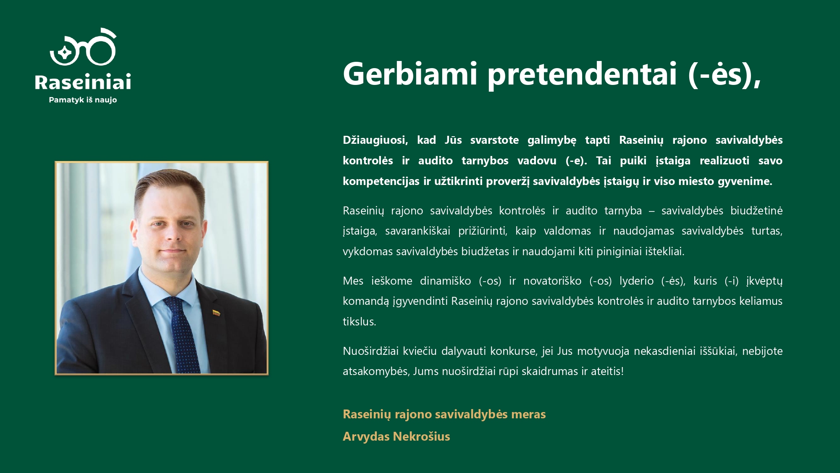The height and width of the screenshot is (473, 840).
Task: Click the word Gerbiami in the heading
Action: [x=410, y=74]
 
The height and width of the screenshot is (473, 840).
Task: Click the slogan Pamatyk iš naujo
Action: [x=83, y=100]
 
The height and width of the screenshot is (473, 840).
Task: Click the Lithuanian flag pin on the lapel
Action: [x=216, y=313]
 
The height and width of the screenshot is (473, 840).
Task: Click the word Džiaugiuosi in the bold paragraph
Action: [x=375, y=140]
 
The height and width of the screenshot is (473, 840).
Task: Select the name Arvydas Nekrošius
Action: [x=396, y=436]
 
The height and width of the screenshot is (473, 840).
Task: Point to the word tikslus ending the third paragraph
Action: [x=359, y=322]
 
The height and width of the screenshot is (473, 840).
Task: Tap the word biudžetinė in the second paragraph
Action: [x=756, y=211]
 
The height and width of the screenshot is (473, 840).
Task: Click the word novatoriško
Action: [x=552, y=281]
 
